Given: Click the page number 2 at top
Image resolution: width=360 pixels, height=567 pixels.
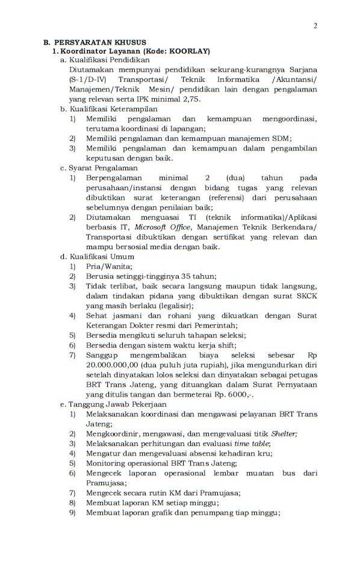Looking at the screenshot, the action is click(x=315, y=25).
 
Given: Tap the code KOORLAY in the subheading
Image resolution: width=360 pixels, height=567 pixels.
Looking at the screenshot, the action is click(x=188, y=52).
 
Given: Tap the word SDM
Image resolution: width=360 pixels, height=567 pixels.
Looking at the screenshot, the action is click(x=282, y=138).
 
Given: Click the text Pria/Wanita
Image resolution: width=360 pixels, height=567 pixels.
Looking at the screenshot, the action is click(x=108, y=266).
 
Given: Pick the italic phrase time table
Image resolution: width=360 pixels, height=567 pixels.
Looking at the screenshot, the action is click(x=253, y=444).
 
